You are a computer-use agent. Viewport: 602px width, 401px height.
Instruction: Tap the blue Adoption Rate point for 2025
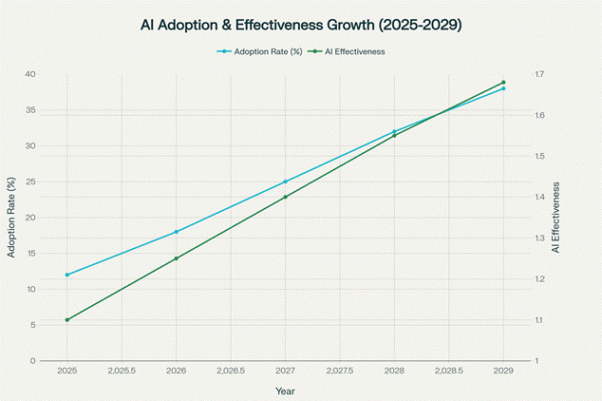pos(67,275)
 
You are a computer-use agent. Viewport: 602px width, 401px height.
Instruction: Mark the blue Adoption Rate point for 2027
pos(285,181)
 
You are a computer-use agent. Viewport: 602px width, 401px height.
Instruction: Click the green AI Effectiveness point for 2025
pos(67,320)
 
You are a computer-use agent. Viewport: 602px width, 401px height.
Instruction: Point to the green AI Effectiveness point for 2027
pos(285,197)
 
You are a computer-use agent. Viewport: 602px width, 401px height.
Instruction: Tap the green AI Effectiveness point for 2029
pos(503,83)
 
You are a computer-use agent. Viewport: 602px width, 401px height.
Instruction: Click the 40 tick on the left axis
pos(31,74)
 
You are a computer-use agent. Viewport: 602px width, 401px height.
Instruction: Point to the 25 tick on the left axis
pos(31,181)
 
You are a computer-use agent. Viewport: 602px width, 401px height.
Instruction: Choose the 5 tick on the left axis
pos(34,325)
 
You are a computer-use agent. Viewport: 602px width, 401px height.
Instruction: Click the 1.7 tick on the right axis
pos(539,74)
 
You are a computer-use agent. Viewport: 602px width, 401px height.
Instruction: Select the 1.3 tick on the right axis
pos(539,239)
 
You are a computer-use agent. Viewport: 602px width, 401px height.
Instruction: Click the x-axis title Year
pos(285,391)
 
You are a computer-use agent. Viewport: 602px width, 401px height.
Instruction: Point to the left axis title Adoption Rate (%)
pos(11,217)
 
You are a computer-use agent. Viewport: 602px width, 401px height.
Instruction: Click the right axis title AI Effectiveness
pos(557,217)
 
